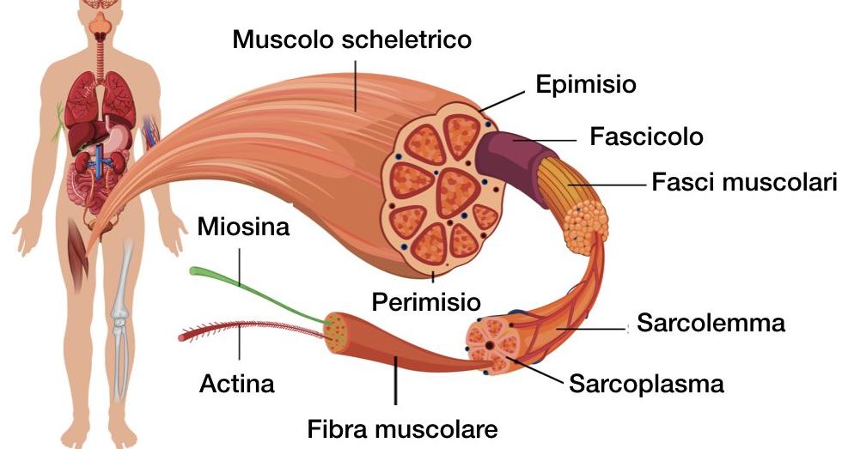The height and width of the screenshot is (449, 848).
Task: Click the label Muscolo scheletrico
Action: tap(352, 39)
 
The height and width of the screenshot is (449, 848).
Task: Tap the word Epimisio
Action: tap(586, 84)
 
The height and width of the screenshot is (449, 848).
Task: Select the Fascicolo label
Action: tap(646, 137)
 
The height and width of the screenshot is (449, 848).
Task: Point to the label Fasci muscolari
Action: tap(744, 182)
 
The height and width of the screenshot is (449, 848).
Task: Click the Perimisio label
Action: tap(426, 301)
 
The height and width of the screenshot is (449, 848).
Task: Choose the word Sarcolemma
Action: tap(711, 323)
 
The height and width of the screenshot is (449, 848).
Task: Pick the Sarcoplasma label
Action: tap(646, 384)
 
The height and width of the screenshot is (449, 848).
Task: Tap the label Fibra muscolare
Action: tap(402, 429)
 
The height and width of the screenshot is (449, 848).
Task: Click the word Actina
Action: tap(237, 384)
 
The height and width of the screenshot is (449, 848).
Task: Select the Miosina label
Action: tap(243, 227)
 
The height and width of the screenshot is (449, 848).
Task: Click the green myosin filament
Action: tap(254, 294)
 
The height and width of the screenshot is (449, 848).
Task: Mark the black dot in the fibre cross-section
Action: tap(489, 345)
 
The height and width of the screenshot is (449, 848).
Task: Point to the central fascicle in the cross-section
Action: tap(458, 193)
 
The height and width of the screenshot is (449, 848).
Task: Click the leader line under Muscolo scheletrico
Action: tap(356, 86)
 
